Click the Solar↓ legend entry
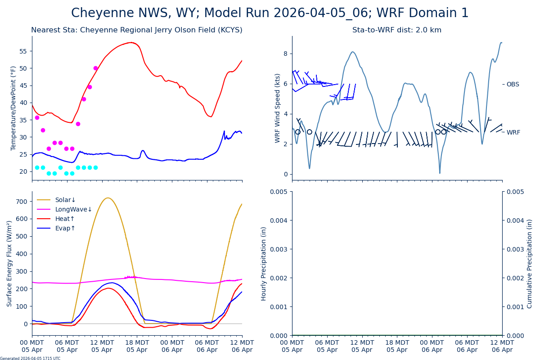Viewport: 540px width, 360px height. pos(65,200)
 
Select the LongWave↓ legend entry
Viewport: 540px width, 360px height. pos(73,209)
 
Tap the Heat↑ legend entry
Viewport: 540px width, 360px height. pos(65,219)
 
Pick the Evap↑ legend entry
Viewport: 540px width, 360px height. pos(65,228)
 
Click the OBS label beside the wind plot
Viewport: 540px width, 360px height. pos(513,84)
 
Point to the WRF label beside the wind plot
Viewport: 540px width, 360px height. pos(513,132)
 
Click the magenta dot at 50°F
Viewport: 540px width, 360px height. pos(95,68)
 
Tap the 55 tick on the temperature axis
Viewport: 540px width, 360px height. pos(24,51)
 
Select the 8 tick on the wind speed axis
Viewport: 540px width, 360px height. pos(285,54)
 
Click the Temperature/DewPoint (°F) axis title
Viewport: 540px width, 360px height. pos(13,108)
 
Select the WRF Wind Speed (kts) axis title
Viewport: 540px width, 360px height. pos(277,108)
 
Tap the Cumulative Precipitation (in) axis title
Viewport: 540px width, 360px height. pos(529,263)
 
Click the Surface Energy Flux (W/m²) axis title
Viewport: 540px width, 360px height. pos(9,263)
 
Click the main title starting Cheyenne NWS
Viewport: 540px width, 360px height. pos(270,13)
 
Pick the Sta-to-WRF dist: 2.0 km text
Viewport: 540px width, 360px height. pos(396,30)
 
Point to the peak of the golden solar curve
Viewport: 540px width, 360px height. pos(108,198)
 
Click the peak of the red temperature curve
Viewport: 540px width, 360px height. pos(130,42)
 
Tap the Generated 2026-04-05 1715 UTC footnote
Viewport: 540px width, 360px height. pos(30,358)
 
